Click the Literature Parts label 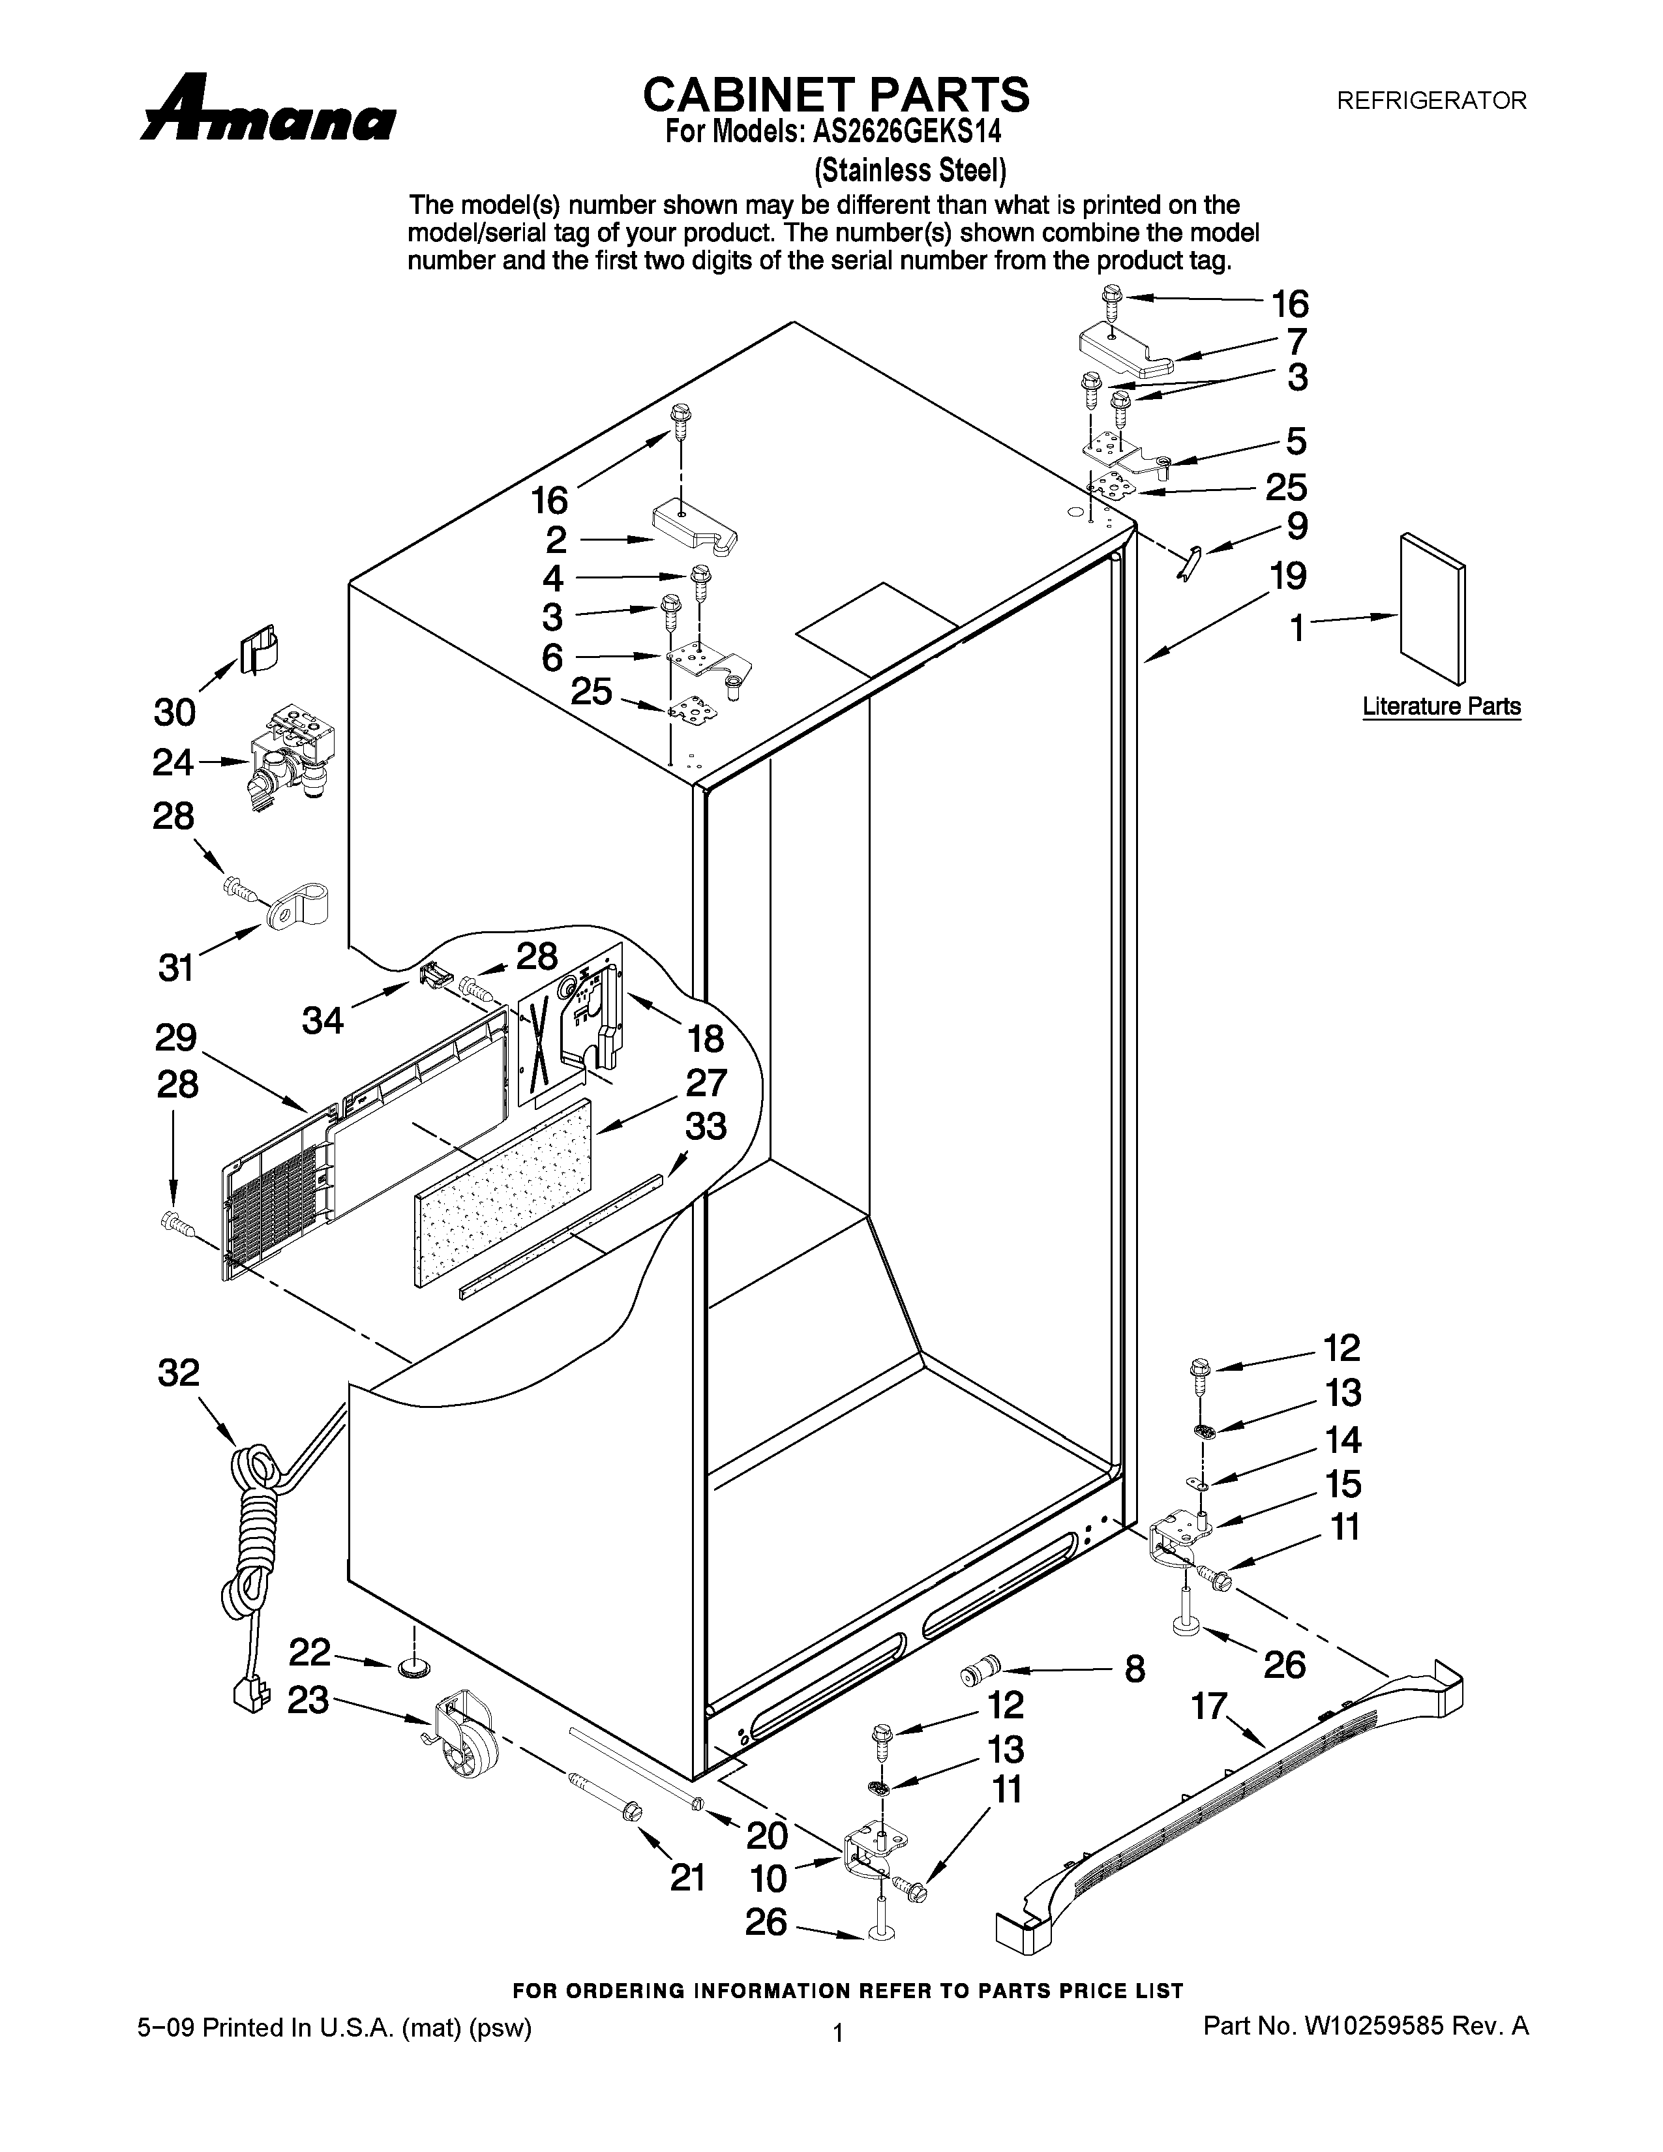tap(1441, 706)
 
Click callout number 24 tap(173, 763)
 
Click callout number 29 tap(175, 1038)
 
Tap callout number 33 tap(706, 1126)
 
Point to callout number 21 tap(687, 1878)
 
